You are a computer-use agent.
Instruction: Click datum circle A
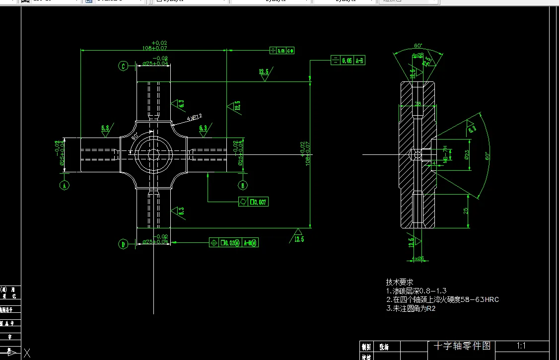tap(64, 186)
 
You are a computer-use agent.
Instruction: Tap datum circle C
tap(123, 66)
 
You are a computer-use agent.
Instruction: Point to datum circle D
tap(123, 244)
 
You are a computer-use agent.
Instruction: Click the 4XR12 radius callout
tap(194, 118)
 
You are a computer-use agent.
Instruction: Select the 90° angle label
tap(135, 136)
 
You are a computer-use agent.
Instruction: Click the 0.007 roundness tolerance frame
tap(253, 202)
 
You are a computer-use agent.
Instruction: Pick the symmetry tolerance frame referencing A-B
tap(348, 61)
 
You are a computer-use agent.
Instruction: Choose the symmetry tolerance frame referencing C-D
tap(282, 50)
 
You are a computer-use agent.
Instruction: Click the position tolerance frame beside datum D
tap(234, 243)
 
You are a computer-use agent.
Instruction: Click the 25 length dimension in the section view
tap(466, 211)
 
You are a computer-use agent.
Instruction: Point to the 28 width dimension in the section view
tap(418, 104)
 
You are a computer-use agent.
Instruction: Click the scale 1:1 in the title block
tap(521, 346)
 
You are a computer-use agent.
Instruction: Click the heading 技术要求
tap(400, 282)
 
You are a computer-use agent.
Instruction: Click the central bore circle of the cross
tap(154, 154)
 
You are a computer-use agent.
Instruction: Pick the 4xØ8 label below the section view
tap(417, 258)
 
